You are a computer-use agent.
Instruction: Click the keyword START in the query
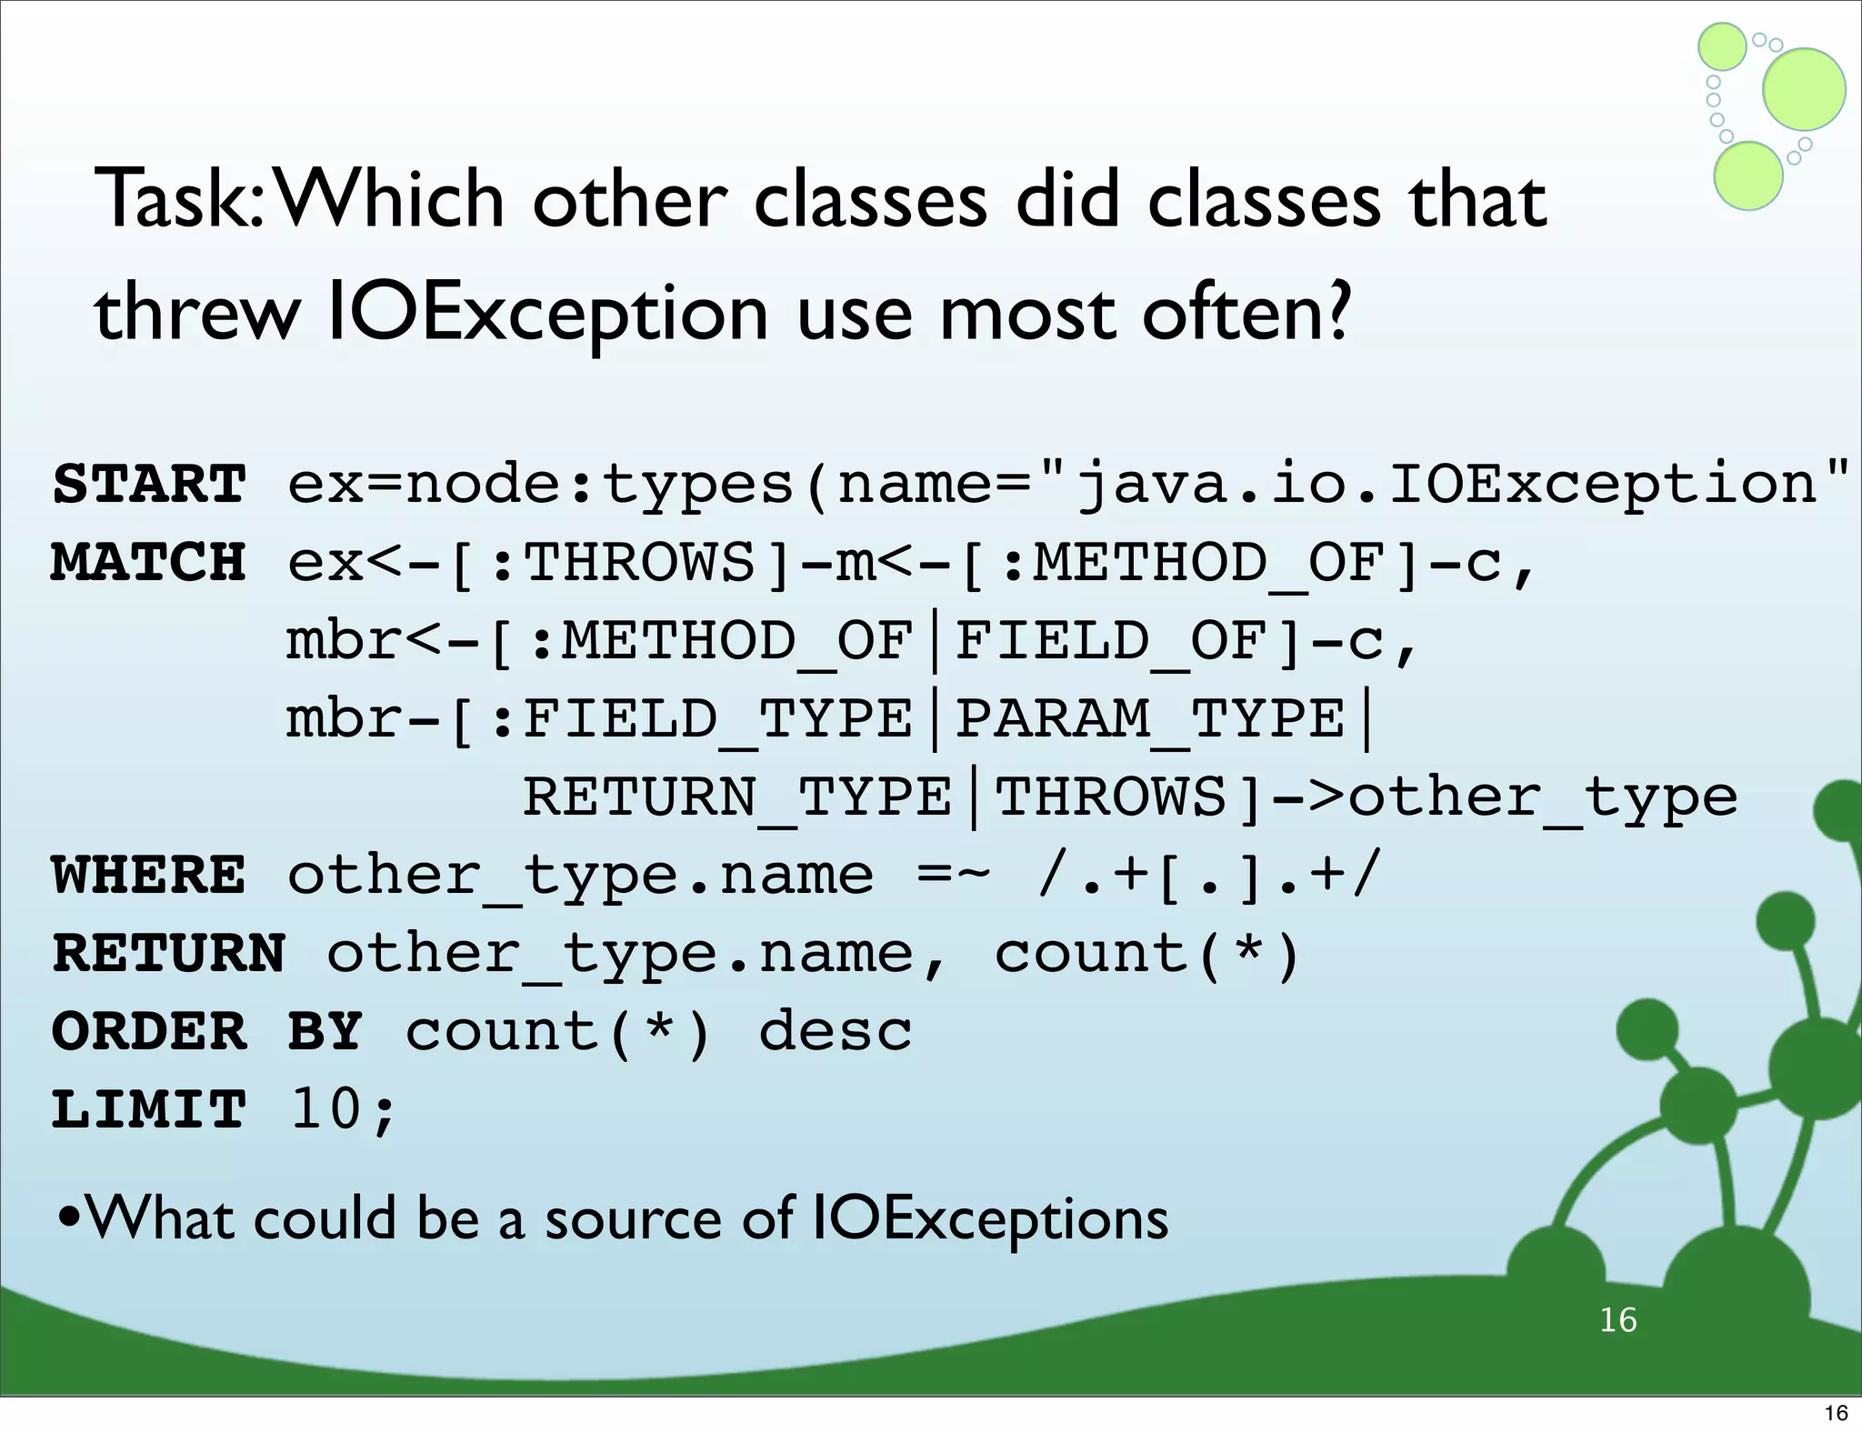tap(149, 484)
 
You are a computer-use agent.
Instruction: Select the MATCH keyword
tap(149, 562)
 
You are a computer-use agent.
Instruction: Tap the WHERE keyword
tap(149, 876)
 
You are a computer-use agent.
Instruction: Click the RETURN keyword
tap(169, 954)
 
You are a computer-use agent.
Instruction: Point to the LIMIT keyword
tap(149, 1110)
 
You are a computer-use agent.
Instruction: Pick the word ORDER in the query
tap(149, 1032)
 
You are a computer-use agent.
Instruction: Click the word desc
tap(835, 1032)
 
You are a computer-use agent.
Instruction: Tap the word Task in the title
tap(178, 200)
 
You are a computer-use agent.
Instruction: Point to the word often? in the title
tap(1246, 313)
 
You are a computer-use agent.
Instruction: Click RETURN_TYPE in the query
tap(737, 797)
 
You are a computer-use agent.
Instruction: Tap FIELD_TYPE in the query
tap(718, 719)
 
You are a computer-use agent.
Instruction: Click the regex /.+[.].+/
tap(1209, 876)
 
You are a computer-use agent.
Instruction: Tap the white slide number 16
tap(1618, 1319)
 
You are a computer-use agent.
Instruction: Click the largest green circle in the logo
tap(1804, 89)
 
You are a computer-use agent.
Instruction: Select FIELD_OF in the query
tap(1111, 641)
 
